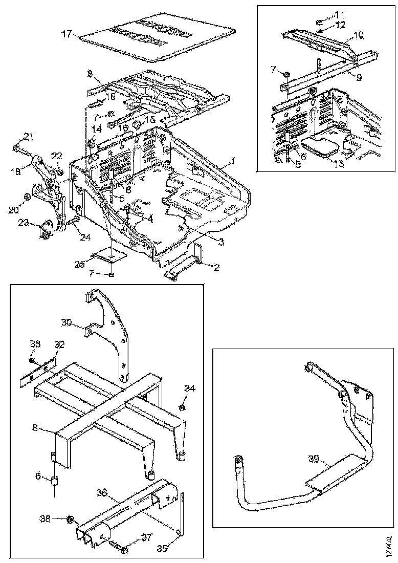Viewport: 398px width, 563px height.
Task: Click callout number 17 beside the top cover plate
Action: tap(67, 34)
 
